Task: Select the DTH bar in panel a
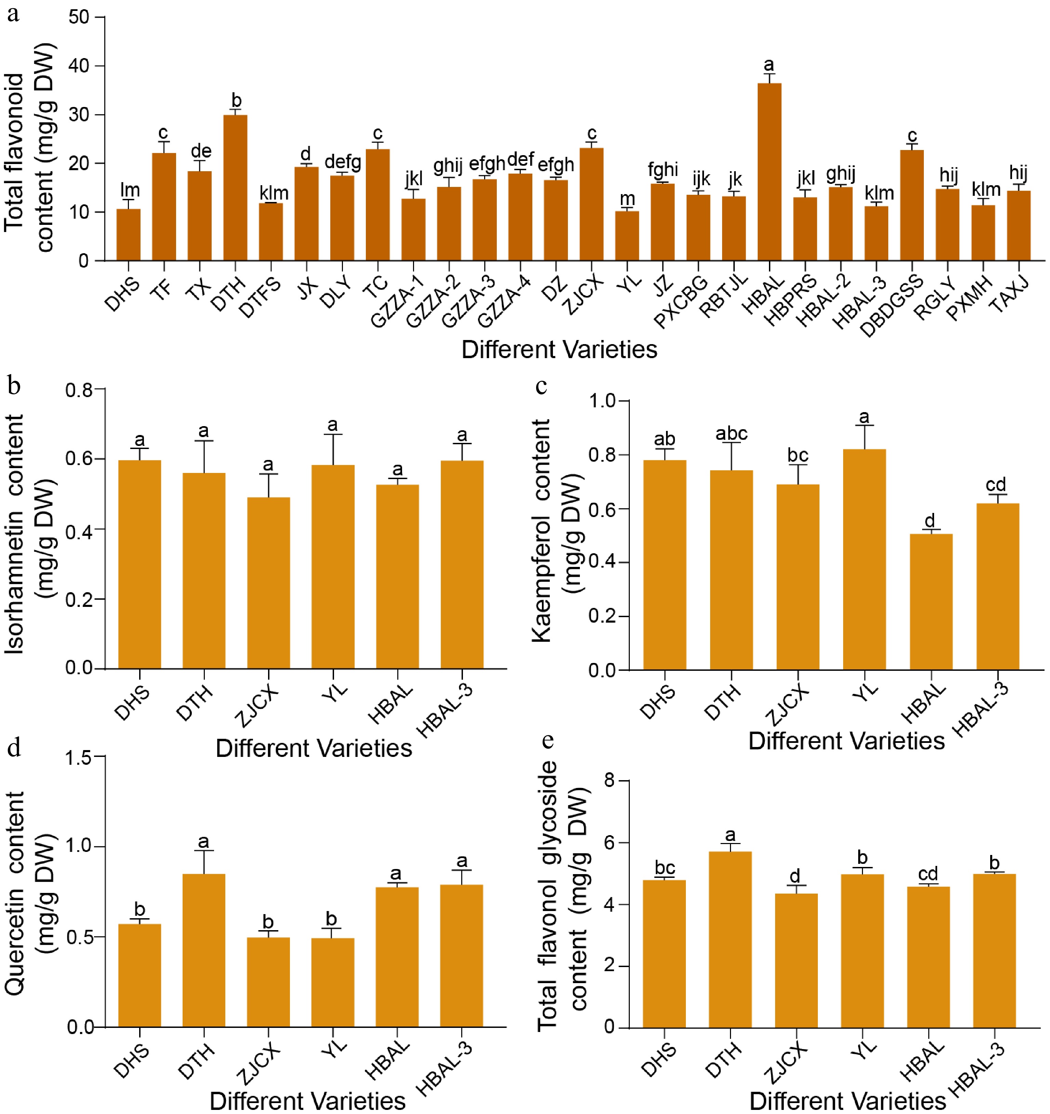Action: (x=236, y=188)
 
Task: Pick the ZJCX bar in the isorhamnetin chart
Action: (x=268, y=583)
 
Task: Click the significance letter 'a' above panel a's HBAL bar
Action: (x=769, y=65)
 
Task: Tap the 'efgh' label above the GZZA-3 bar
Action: (x=487, y=164)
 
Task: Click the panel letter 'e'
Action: (x=548, y=741)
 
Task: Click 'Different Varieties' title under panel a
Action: (x=559, y=350)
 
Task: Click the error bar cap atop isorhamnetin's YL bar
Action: (x=333, y=434)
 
